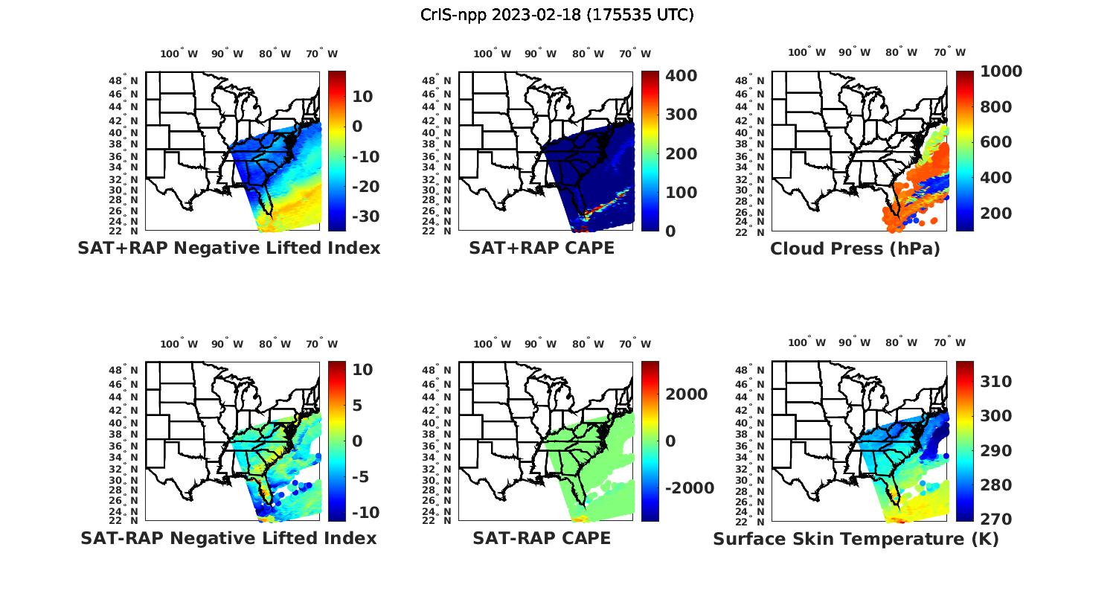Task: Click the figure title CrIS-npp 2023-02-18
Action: pos(557,15)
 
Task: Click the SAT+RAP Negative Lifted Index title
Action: pos(229,249)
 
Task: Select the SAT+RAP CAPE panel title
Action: pos(542,249)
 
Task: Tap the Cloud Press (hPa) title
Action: pos(855,249)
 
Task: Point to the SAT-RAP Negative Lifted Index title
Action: pos(229,538)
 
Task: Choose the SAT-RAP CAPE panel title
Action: pos(542,538)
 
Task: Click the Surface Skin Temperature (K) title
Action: pos(856,539)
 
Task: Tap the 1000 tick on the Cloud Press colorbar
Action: pos(1001,71)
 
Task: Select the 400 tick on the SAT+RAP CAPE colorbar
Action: pos(681,76)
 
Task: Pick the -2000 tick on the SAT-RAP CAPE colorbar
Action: pos(689,488)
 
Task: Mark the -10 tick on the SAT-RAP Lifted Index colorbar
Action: pos(365,513)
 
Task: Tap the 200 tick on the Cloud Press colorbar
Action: pos(996,214)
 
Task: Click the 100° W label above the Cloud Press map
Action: pos(806,53)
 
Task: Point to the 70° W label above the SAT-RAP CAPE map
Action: pos(635,344)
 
